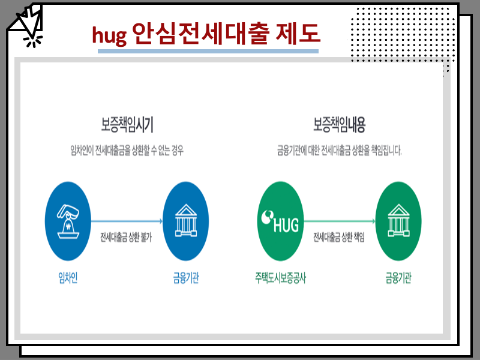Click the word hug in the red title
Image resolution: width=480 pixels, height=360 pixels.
coord(109,35)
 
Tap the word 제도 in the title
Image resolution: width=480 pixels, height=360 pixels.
coord(298,32)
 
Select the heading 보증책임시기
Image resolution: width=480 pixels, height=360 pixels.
coord(127,124)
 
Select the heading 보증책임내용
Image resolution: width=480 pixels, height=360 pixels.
coord(339,124)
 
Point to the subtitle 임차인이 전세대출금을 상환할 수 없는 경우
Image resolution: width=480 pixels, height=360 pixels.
coord(127,150)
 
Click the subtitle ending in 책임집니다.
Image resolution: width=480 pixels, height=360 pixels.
coord(339,150)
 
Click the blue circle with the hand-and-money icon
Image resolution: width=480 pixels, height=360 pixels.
coord(68,221)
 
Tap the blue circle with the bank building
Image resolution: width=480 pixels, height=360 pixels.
coord(186,221)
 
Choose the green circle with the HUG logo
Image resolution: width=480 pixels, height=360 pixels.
coord(280,221)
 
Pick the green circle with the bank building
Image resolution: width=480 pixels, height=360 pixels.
coord(398,221)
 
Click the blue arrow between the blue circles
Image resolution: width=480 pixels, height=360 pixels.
coord(127,221)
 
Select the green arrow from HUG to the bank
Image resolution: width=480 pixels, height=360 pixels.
coord(340,221)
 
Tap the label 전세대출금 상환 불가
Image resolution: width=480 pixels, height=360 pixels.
coord(126,237)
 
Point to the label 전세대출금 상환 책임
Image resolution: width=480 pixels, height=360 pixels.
coord(339,237)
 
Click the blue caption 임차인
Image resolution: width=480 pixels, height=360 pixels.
coord(68,278)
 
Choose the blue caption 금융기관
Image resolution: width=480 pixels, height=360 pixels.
coord(186,278)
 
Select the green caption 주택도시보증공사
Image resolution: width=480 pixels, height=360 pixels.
coord(280,278)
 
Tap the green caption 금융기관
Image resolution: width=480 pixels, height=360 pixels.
coord(398,278)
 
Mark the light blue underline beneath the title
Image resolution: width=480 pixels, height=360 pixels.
coord(208,52)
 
